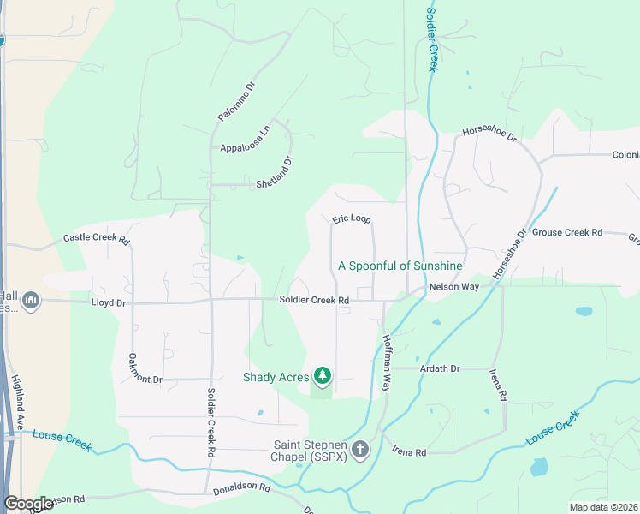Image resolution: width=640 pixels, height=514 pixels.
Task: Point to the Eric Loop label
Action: [352, 219]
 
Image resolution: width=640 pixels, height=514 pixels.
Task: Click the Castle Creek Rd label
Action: [96, 239]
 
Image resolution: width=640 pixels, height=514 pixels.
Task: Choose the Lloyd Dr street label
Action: [109, 302]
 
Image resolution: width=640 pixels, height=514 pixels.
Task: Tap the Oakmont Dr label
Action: [144, 368]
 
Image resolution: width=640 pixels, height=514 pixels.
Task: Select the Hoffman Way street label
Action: [387, 363]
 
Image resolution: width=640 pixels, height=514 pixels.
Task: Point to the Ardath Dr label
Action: [440, 368]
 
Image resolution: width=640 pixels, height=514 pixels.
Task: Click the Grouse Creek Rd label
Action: [567, 232]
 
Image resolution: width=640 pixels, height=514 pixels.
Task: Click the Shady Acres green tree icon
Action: [323, 375]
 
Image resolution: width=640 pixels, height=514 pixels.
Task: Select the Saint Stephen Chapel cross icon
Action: [360, 449]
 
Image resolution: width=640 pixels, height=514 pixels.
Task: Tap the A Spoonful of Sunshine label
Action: [400, 266]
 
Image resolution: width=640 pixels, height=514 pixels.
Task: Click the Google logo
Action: [29, 504]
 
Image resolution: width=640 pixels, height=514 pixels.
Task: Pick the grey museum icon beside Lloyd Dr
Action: [32, 300]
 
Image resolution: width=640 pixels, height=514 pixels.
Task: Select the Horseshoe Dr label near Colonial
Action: [490, 135]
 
